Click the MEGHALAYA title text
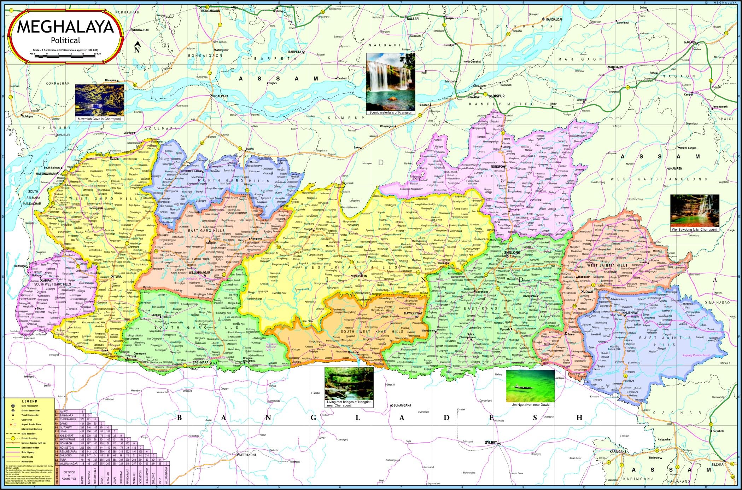coord(65,27)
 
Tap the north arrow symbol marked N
coord(138,47)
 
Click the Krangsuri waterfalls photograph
coord(391,81)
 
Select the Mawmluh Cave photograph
coord(100,100)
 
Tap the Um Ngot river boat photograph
coord(530,386)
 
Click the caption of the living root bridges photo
coord(349,404)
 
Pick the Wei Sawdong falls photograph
coord(695,211)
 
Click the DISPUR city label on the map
coord(499,96)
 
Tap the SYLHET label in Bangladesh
coord(491,443)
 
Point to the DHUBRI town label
coord(64,135)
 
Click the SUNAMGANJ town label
coord(402,405)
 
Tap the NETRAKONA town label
coord(248,455)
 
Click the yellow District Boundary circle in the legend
coord(13,438)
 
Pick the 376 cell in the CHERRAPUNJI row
coord(82,420)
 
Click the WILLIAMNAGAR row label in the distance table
coord(69,463)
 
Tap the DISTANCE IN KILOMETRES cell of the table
coord(69,475)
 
